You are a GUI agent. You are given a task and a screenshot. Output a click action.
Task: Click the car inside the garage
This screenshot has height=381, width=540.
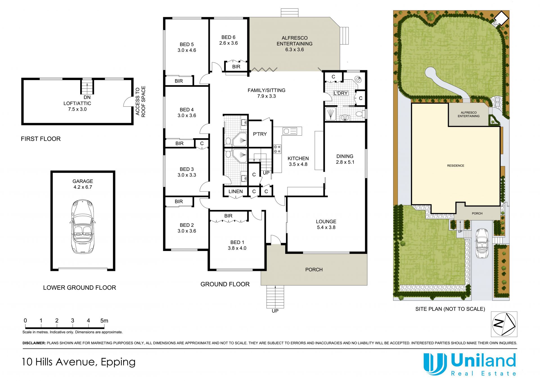82,226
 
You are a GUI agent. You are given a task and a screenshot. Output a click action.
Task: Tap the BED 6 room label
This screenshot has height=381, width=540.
228,37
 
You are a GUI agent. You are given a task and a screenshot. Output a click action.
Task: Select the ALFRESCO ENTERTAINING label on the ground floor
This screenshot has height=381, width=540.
294,41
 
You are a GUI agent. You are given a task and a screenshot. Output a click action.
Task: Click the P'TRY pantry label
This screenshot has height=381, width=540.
260,134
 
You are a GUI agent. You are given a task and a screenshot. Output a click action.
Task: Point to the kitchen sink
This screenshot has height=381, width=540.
290,131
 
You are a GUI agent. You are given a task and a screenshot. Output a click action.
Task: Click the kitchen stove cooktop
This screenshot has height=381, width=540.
277,149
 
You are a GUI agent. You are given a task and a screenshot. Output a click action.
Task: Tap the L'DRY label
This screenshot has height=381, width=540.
341,93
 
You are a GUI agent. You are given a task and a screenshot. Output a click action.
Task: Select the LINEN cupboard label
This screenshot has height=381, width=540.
236,191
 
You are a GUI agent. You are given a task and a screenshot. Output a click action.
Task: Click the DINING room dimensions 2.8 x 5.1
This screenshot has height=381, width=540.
345,162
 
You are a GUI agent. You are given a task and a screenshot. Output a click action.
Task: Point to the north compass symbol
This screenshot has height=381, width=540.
504,324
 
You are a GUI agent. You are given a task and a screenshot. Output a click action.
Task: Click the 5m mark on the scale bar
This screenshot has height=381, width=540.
104,321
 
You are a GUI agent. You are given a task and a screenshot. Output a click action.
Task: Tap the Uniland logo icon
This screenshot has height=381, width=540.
435,364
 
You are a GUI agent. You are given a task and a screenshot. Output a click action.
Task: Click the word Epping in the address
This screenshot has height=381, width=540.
118,362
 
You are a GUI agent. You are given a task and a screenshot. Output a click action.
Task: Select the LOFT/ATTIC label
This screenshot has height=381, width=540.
77,103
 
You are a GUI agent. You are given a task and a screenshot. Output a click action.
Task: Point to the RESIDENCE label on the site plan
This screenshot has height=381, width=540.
456,166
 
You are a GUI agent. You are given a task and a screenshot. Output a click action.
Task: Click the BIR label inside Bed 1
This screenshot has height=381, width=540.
228,216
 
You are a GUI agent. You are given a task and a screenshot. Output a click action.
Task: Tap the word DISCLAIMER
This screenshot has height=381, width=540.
34,343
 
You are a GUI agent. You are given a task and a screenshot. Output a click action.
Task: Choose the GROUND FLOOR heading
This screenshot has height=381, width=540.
225,284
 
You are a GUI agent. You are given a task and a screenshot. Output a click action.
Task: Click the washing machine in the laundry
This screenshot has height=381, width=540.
358,79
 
